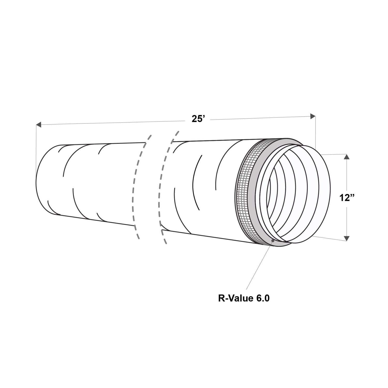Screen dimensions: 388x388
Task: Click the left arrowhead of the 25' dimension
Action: click(39, 125)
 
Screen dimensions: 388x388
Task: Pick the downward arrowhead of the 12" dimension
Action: click(347, 238)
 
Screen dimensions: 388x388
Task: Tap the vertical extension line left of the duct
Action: click(36, 145)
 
